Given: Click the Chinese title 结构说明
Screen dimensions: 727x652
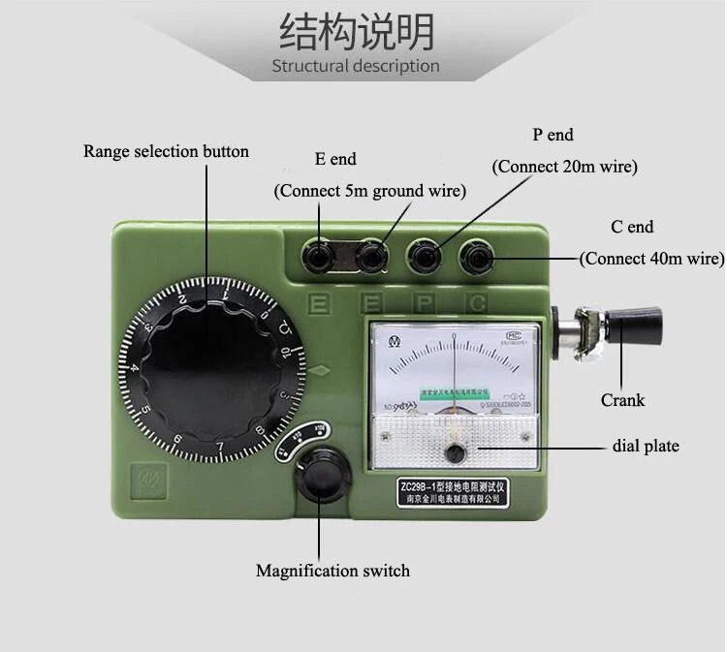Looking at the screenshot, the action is click(356, 31).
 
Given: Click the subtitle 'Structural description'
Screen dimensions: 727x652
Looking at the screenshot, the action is click(356, 66).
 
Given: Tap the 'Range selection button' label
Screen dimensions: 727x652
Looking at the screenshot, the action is click(166, 151).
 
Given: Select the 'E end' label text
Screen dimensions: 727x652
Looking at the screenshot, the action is click(335, 159).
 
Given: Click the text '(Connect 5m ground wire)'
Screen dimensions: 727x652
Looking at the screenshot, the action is click(370, 191).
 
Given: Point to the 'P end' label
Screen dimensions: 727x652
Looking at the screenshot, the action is click(553, 135).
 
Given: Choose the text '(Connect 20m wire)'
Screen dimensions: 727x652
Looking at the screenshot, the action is click(565, 167).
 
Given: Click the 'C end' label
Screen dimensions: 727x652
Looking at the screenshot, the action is click(632, 227).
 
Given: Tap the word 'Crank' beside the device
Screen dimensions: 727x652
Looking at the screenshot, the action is click(622, 399).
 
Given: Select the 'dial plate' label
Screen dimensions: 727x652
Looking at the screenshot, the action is click(646, 446).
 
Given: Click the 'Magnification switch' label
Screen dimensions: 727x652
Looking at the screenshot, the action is click(332, 571).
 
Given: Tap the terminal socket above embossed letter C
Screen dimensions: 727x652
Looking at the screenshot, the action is click(477, 258).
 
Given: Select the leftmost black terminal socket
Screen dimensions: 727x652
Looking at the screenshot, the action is click(316, 257).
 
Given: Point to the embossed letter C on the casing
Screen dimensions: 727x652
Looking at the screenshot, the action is click(477, 303).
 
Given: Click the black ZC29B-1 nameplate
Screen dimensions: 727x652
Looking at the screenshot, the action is click(454, 492).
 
